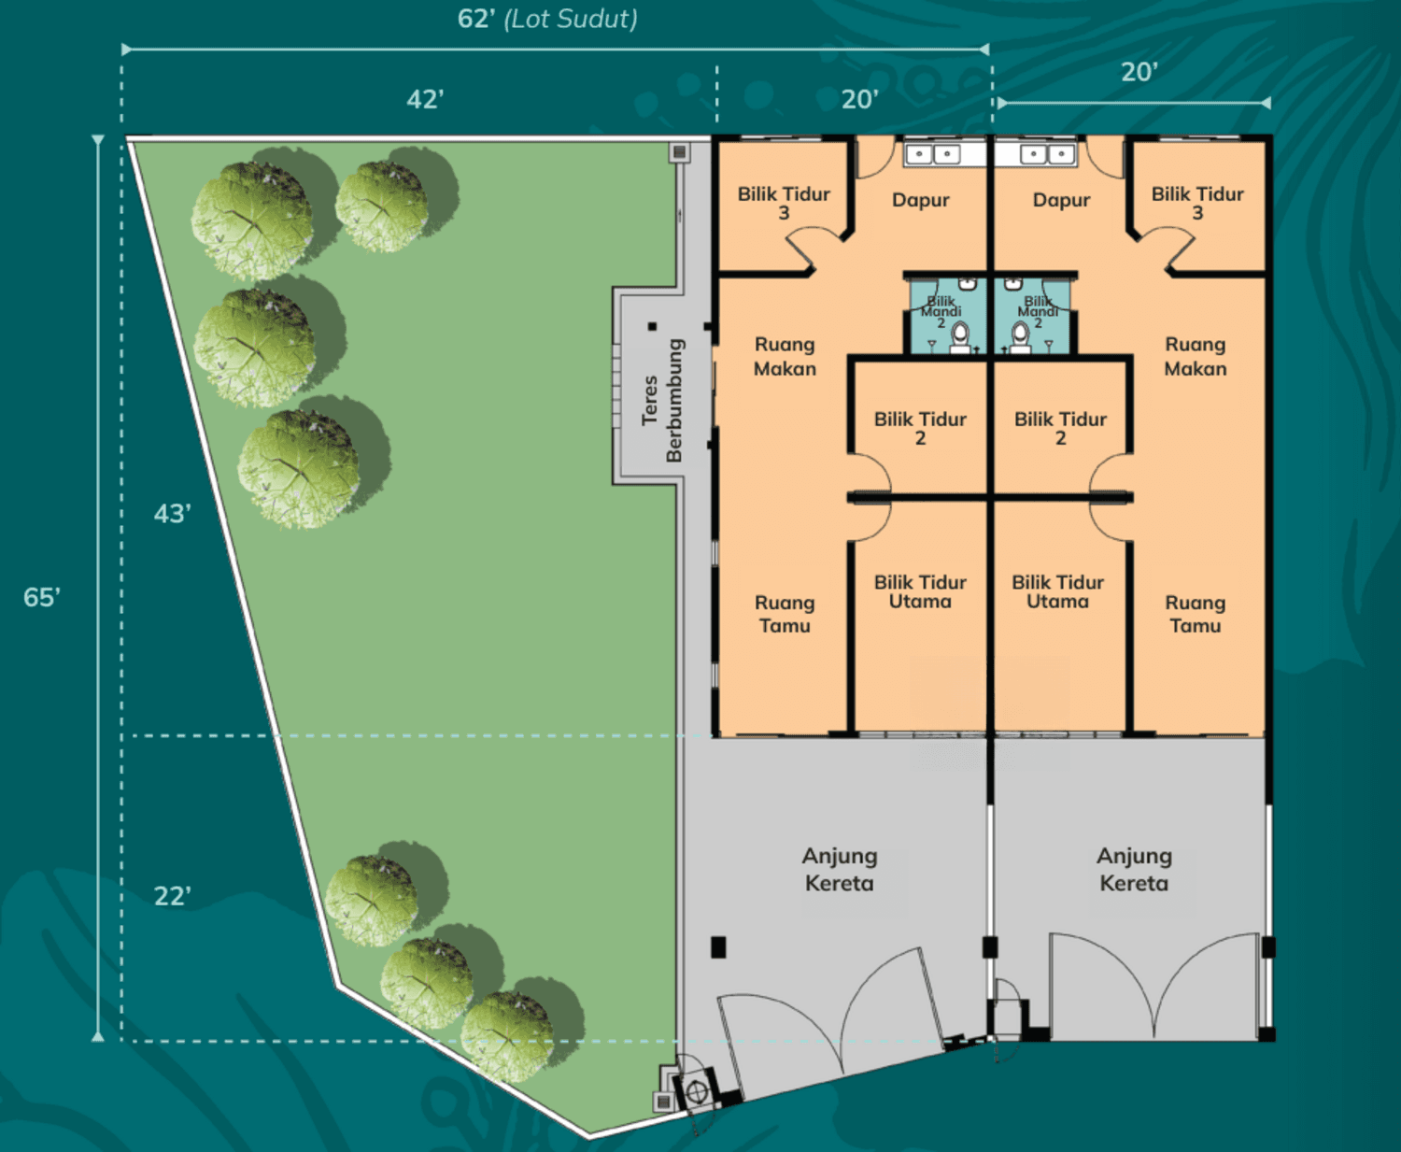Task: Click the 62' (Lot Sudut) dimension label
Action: click(x=547, y=19)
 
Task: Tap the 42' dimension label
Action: click(x=425, y=100)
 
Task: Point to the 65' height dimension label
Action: click(x=42, y=597)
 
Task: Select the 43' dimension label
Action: click(x=173, y=514)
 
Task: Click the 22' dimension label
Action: click(x=173, y=896)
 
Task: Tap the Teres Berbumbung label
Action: click(x=661, y=401)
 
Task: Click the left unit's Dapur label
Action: click(x=920, y=200)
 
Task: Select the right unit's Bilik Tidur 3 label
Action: click(x=1197, y=204)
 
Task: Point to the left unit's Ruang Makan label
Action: click(x=785, y=356)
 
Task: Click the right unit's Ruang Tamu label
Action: click(x=1196, y=614)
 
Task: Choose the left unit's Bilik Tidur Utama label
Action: click(x=920, y=591)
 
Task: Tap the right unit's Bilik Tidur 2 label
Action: click(x=1060, y=429)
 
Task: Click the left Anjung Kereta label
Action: click(x=840, y=869)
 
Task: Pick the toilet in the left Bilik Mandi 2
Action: click(x=960, y=336)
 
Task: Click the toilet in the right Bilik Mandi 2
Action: click(x=1020, y=336)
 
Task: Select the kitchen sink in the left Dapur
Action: click(x=933, y=155)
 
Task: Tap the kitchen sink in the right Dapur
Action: click(x=1048, y=155)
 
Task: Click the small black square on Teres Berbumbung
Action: click(x=652, y=326)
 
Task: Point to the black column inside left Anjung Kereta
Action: click(x=718, y=947)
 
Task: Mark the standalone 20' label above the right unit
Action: click(x=1139, y=72)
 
